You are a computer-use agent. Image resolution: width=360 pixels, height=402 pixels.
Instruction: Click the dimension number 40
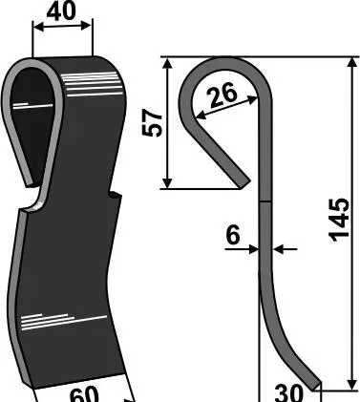coord(61,11)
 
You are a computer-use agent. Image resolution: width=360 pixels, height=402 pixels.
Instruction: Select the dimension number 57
coord(152,123)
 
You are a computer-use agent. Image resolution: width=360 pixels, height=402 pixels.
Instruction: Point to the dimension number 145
coord(339,220)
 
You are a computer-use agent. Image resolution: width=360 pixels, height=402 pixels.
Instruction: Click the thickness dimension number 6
coord(233,235)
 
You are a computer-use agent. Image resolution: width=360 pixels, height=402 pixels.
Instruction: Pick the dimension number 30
coord(289,393)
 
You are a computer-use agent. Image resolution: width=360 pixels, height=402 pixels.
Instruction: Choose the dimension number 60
coord(84,395)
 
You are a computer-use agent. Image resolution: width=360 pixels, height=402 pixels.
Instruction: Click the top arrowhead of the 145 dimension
coord(352,62)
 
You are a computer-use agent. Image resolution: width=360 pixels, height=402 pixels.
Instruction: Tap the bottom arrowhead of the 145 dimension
coord(352,385)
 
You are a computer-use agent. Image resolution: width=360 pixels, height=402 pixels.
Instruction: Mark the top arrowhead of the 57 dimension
coord(167,63)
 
